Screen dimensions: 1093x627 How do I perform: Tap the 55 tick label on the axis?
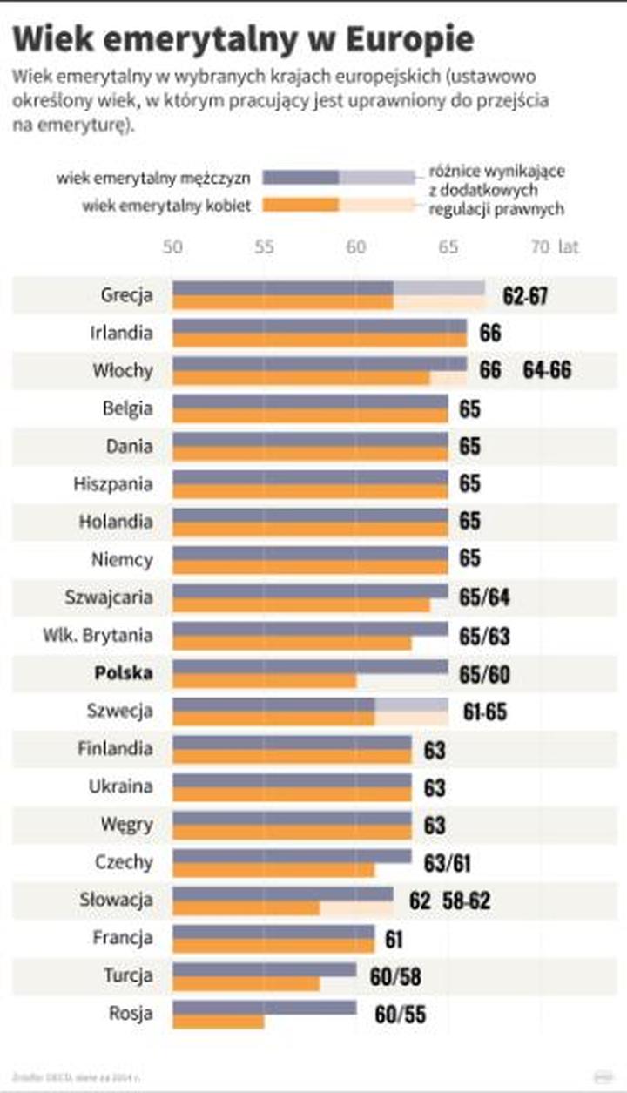pyautogui.click(x=264, y=247)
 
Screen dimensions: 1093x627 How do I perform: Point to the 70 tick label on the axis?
pyautogui.click(x=540, y=247)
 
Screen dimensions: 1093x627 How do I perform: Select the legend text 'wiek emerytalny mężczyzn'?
pyautogui.click(x=154, y=178)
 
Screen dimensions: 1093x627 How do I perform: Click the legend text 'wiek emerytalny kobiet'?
pyautogui.click(x=166, y=206)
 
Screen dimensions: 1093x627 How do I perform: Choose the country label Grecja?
pyautogui.click(x=126, y=294)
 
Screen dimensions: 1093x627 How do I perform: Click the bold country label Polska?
pyautogui.click(x=123, y=673)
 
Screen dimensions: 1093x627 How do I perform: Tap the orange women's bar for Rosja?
pyautogui.click(x=218, y=1022)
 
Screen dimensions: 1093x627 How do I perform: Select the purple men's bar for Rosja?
pyautogui.click(x=264, y=1008)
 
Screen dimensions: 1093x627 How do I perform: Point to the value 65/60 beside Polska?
pyautogui.click(x=484, y=674)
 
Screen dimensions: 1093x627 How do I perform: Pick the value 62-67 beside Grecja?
pyautogui.click(x=525, y=295)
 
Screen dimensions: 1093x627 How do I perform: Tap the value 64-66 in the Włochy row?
pyautogui.click(x=547, y=370)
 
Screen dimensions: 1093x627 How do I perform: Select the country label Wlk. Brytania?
pyautogui.click(x=98, y=635)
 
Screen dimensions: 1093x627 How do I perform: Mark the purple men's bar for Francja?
pyautogui.click(x=273, y=932)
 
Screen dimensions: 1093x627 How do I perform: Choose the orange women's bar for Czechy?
pyautogui.click(x=273, y=870)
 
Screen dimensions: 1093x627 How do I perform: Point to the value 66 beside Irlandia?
pyautogui.click(x=490, y=333)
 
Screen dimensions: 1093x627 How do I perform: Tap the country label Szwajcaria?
pyautogui.click(x=109, y=597)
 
